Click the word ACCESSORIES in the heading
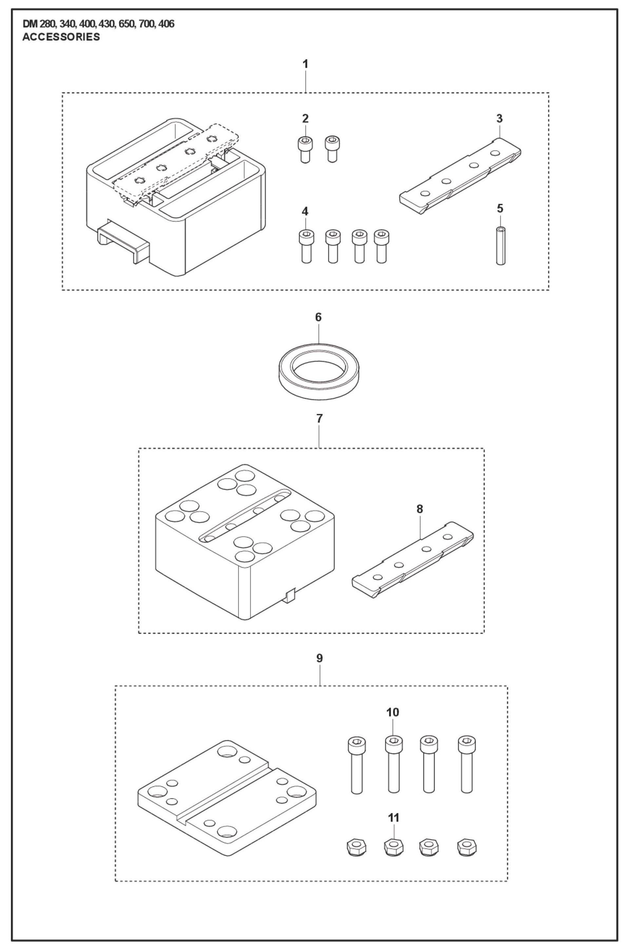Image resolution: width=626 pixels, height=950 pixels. pyautogui.click(x=61, y=37)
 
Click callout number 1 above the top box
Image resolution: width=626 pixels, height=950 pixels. pyautogui.click(x=305, y=64)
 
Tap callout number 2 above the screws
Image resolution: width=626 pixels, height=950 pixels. pyautogui.click(x=305, y=119)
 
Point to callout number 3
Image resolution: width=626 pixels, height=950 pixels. pyautogui.click(x=499, y=119)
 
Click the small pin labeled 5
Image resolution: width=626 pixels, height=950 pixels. pyautogui.click(x=500, y=245)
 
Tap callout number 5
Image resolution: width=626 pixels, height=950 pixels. pyautogui.click(x=500, y=209)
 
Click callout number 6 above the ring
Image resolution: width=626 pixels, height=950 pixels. pyautogui.click(x=318, y=317)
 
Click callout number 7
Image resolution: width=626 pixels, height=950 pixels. pyautogui.click(x=319, y=419)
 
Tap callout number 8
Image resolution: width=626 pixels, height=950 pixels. pyautogui.click(x=420, y=509)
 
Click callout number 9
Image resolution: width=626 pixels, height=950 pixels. pyautogui.click(x=319, y=658)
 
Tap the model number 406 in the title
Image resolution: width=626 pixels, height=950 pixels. pyautogui.click(x=166, y=24)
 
